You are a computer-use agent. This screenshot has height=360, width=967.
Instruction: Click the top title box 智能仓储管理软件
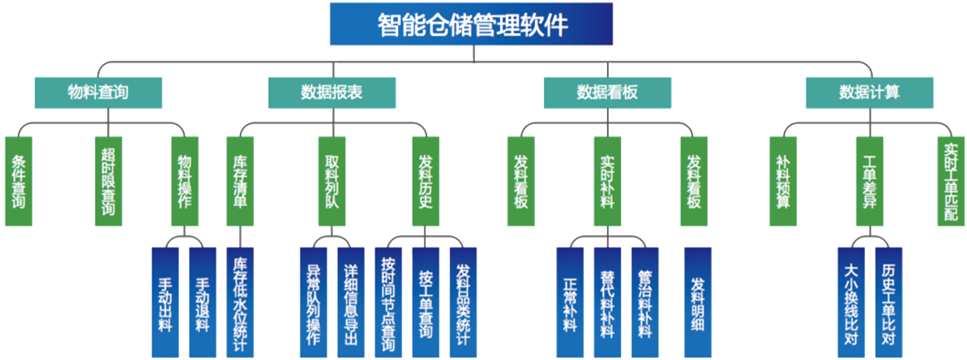[x=472, y=24]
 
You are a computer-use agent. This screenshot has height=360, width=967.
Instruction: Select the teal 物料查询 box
[x=98, y=92]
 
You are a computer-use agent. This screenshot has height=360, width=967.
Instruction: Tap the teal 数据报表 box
[x=332, y=92]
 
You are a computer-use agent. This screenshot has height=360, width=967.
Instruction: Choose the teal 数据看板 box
[x=607, y=92]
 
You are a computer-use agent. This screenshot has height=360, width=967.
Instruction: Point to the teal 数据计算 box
[x=870, y=92]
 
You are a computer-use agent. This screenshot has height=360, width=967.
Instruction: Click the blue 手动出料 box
[x=165, y=302]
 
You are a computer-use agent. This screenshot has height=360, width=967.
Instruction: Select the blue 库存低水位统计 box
[x=240, y=302]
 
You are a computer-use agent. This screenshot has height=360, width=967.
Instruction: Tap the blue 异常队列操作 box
[x=314, y=302]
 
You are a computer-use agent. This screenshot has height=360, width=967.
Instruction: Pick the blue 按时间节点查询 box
[x=389, y=302]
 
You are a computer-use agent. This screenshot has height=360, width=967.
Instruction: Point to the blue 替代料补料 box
[x=607, y=302]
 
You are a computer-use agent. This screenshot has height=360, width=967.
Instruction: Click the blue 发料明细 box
[x=698, y=302]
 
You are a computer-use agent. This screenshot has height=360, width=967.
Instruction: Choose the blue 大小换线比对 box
[x=850, y=302]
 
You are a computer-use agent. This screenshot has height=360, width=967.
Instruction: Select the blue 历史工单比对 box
[x=888, y=302]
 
